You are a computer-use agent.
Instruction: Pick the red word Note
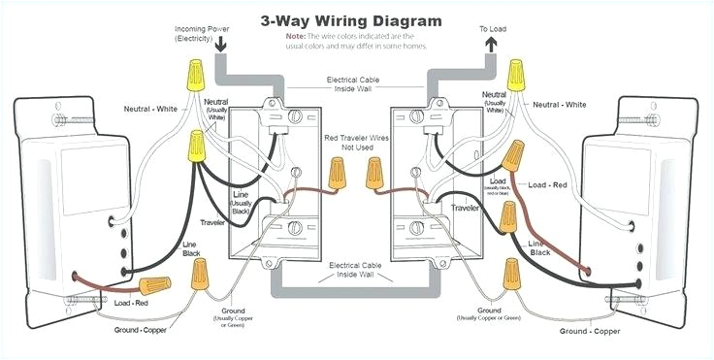coord(296,35)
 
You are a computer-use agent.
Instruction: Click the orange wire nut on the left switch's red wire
coord(153,285)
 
